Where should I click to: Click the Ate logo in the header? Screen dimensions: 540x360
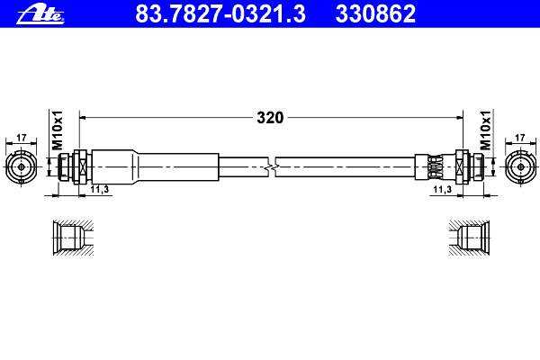coord(40,15)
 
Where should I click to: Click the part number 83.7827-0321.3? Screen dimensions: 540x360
coord(220,14)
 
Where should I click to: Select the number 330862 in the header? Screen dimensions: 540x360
coord(375,14)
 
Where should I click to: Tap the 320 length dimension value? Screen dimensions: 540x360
coord(270,118)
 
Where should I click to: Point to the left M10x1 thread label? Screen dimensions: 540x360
coord(58,130)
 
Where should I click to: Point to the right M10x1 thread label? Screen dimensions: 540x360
coord(485,130)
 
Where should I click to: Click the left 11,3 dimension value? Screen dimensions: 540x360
coord(100,189)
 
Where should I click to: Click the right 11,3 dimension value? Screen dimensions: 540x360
coord(442,189)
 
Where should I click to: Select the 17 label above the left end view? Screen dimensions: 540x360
coord(22,138)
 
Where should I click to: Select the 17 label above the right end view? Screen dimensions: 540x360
coord(519,138)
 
